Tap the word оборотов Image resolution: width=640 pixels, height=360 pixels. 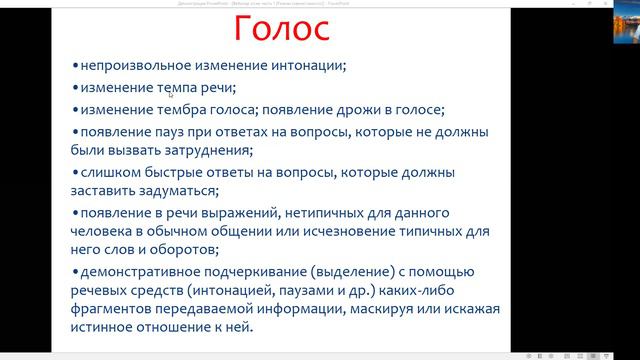[221, 251]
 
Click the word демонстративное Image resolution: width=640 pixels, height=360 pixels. [146, 272]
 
